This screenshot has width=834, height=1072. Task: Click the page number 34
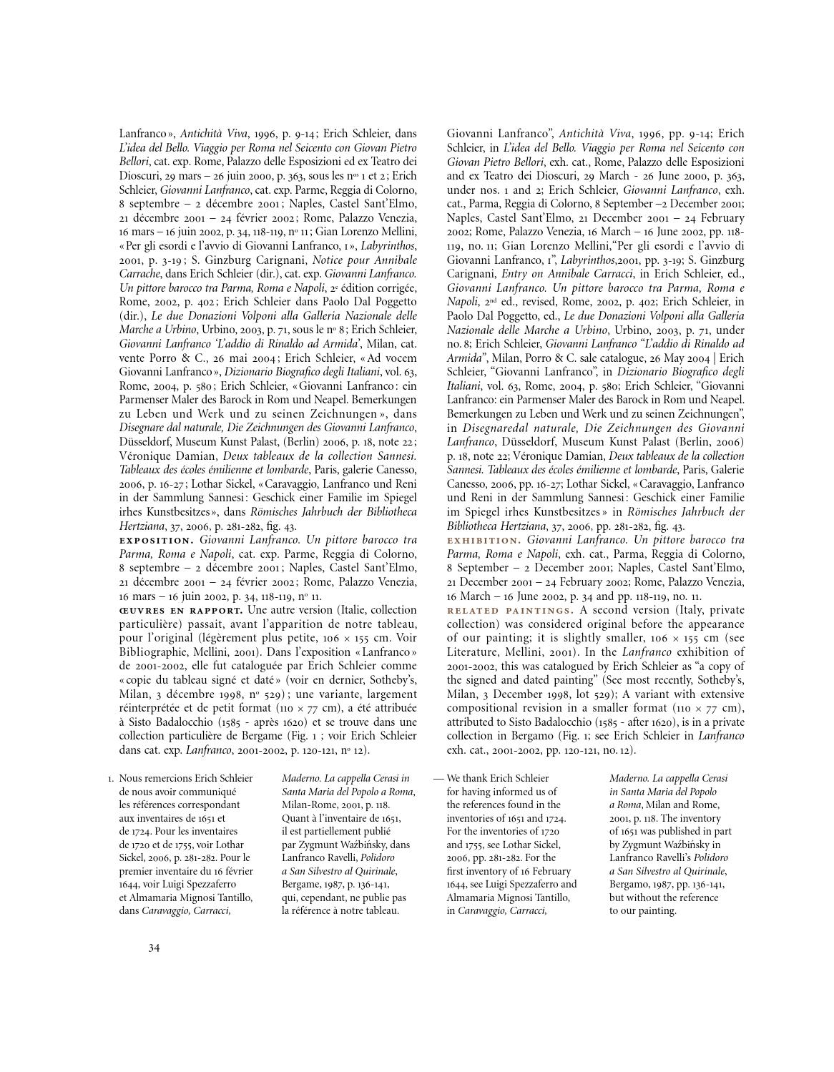(154, 948)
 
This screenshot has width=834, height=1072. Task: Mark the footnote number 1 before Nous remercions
(111, 778)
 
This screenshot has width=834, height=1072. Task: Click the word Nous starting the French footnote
(131, 778)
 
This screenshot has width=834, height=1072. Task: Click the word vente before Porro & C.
(133, 358)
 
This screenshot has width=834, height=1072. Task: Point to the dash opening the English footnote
(438, 778)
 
